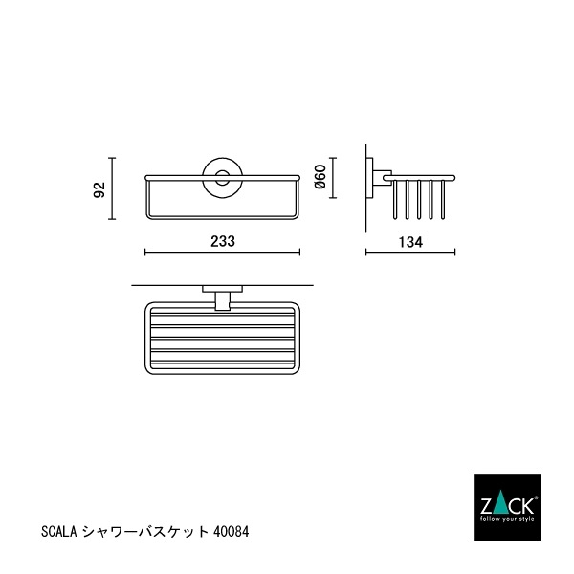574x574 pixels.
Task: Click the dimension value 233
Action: click(x=222, y=242)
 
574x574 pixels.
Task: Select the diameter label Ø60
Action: click(x=321, y=176)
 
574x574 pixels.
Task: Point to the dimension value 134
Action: click(x=409, y=242)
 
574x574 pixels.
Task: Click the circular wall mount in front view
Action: click(x=222, y=177)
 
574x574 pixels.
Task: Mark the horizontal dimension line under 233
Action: click(x=222, y=254)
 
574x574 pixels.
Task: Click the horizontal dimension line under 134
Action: click(x=410, y=254)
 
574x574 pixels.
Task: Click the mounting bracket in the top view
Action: click(x=222, y=298)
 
